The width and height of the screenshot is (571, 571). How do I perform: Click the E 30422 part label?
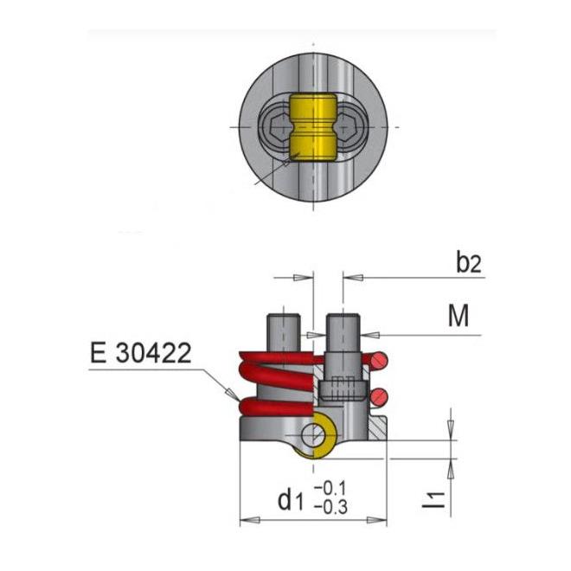point(140,352)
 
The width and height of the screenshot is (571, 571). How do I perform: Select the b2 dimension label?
point(469,262)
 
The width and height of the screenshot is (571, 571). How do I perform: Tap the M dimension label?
point(459,316)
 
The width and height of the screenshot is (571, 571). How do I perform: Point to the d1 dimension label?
point(290,500)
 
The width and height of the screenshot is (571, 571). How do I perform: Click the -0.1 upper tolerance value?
point(330,488)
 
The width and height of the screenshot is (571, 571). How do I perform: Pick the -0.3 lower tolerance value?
point(330,506)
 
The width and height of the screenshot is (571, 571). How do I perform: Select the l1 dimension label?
point(433,500)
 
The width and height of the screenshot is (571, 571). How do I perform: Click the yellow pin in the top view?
point(313,128)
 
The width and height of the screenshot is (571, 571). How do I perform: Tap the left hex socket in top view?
point(278,127)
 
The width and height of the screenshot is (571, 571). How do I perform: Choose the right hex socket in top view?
point(349,127)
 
